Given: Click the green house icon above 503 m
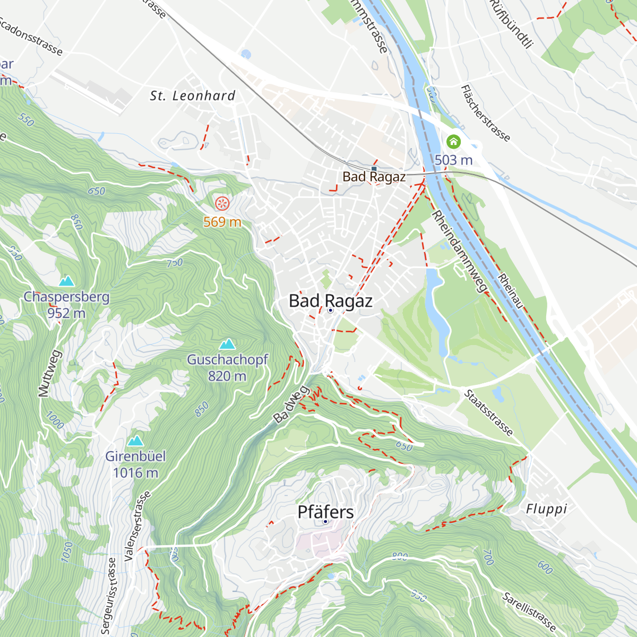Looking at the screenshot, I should pos(453,141).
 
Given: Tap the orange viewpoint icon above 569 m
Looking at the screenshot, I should pos(222,203).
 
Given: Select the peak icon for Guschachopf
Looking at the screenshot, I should pos(227,344).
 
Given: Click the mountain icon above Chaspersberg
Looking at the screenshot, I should pos(66,281).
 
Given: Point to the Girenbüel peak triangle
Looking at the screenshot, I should pos(135,441).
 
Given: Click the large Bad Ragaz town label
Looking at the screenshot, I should pos(330,301).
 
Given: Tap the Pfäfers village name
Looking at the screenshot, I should pos(325,512).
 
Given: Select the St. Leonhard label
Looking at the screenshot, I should pos(193,96).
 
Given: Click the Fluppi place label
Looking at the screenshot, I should pos(546,509).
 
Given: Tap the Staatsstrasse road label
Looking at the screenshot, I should pos(488,412).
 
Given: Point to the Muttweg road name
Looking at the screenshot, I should pos(50,373).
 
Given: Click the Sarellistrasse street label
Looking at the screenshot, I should pos(529,612).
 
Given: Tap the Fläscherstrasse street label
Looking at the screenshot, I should pos(485,113).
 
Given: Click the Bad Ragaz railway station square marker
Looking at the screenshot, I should pos(374,169).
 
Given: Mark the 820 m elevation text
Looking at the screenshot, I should pos(227,376).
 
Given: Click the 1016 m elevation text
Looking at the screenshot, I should pos(135,472).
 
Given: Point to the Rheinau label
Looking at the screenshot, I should pos(511,290).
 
